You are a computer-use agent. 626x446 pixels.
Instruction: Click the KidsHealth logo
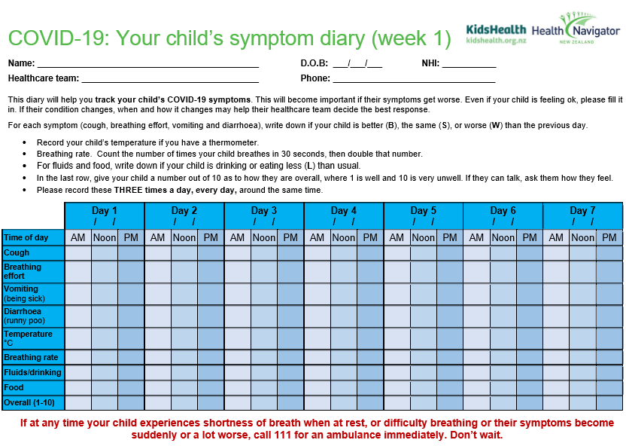click(497, 34)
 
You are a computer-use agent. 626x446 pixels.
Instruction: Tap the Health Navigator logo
click(576, 30)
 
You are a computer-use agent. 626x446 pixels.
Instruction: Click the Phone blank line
click(414, 79)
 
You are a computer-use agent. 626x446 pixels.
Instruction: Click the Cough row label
click(17, 253)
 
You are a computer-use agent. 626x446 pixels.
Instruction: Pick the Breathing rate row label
click(31, 357)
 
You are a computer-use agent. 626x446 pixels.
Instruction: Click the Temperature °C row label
click(29, 338)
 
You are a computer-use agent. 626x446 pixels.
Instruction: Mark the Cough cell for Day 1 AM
click(78, 253)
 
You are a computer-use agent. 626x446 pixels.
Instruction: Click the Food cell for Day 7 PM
click(609, 387)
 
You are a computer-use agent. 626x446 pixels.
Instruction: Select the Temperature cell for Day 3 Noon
click(264, 338)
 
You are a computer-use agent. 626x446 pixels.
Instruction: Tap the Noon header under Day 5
click(424, 237)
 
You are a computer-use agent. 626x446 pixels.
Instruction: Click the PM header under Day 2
click(211, 237)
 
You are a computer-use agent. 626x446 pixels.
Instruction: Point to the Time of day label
click(26, 237)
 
